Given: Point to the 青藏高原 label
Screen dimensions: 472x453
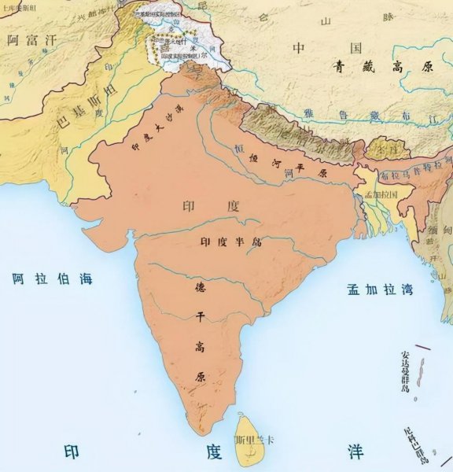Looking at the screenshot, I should point(381,67).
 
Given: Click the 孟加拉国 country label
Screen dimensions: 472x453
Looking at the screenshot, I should point(384,193).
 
